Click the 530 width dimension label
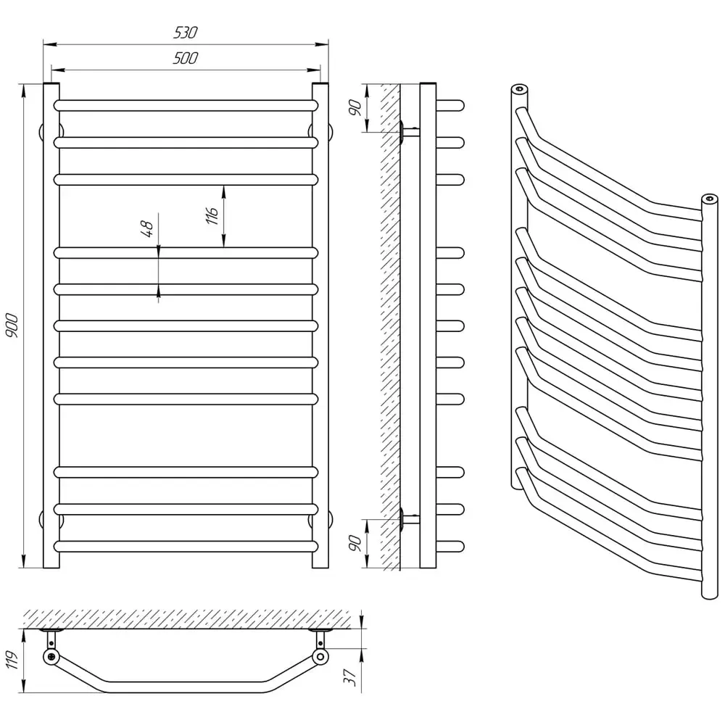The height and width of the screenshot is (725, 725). pyautogui.click(x=186, y=33)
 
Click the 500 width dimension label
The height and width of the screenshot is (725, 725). pyautogui.click(x=186, y=58)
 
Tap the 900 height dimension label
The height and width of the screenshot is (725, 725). pyautogui.click(x=12, y=326)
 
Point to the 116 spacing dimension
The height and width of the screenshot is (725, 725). pyautogui.click(x=212, y=216)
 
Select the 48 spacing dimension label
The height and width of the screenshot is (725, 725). pyautogui.click(x=147, y=228)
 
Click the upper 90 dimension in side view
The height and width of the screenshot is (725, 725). pyautogui.click(x=355, y=108)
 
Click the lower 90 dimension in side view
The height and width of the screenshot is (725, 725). pyautogui.click(x=355, y=543)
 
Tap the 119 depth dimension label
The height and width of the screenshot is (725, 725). pyautogui.click(x=12, y=659)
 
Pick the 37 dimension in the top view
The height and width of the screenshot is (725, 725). pyautogui.click(x=350, y=678)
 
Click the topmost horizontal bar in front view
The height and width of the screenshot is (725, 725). pyautogui.click(x=186, y=105)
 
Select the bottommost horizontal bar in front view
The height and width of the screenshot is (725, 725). pyautogui.click(x=186, y=547)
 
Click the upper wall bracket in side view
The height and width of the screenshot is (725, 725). pyautogui.click(x=409, y=131)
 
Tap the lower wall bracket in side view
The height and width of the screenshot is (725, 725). pyautogui.click(x=409, y=519)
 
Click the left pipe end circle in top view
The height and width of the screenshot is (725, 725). pyautogui.click(x=51, y=657)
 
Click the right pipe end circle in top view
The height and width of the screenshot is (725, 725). pyautogui.click(x=320, y=657)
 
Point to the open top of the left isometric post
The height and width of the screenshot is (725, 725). pyautogui.click(x=519, y=88)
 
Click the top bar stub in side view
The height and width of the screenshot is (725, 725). pyautogui.click(x=450, y=105)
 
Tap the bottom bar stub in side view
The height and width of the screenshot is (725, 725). pyautogui.click(x=450, y=547)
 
